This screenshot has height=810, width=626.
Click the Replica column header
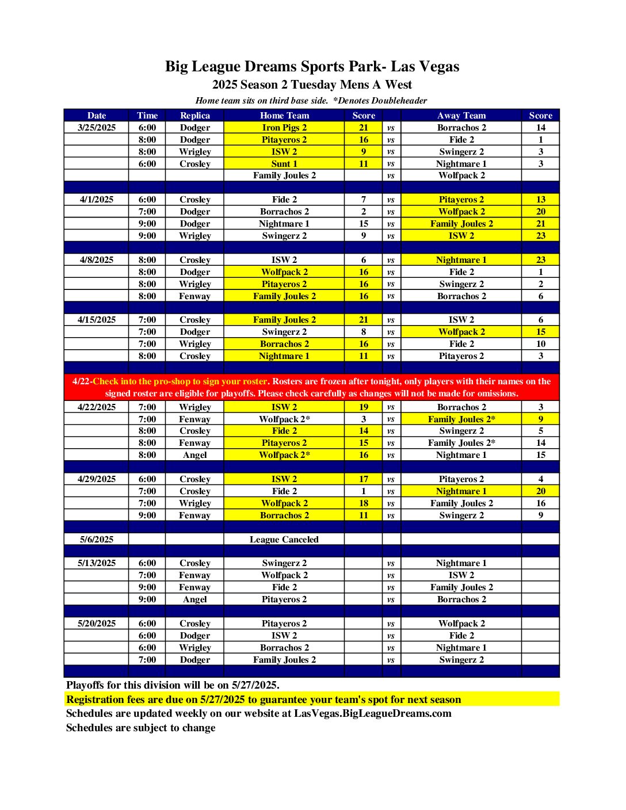click(x=194, y=116)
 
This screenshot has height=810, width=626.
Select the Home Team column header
click(x=284, y=116)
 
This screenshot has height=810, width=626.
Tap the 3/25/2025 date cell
click(x=97, y=128)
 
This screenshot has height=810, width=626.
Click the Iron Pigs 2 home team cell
click(x=284, y=128)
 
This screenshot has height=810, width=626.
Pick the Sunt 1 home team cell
click(x=284, y=164)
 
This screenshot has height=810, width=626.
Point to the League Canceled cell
click(x=284, y=540)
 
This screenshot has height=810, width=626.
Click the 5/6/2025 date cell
click(x=97, y=540)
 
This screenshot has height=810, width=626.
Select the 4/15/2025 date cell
click(x=97, y=320)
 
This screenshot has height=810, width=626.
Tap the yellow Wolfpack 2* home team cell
click(x=284, y=455)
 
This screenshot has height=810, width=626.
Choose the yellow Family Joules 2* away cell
click(x=461, y=419)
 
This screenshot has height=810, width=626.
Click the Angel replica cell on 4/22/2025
click(x=194, y=455)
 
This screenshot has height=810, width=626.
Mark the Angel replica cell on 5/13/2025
click(x=194, y=599)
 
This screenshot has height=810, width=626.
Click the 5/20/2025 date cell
click(x=97, y=624)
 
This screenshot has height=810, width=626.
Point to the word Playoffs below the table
click(x=86, y=685)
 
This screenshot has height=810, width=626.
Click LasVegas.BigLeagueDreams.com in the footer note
click(x=373, y=713)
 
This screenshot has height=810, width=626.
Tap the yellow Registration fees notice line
click(x=264, y=700)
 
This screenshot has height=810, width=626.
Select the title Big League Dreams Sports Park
click(x=312, y=67)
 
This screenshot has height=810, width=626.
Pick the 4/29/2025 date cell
click(x=97, y=479)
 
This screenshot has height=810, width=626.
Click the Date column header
click(x=97, y=116)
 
